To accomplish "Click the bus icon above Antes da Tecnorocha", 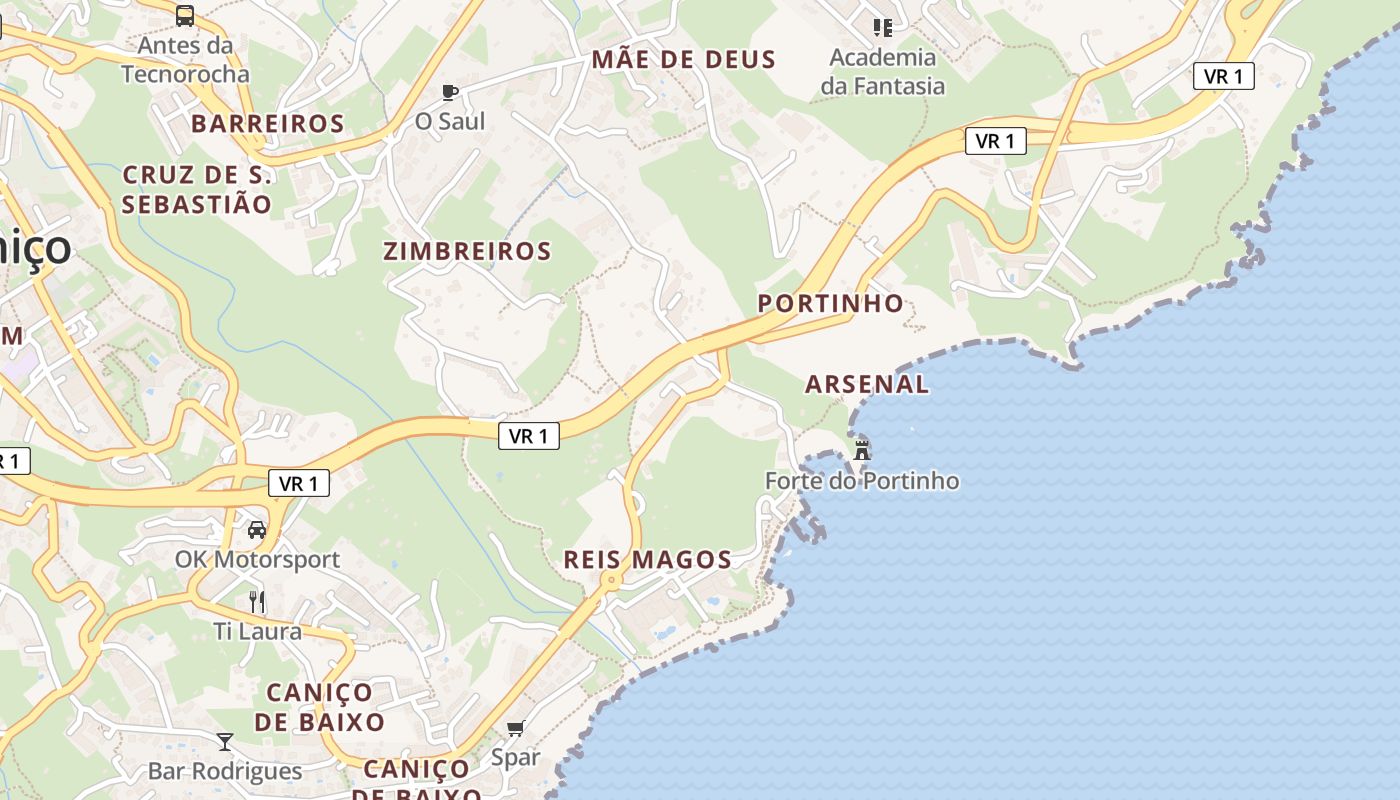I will coord(185,16).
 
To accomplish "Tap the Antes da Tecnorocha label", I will coord(185,59).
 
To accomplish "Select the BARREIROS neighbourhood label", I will coord(268,124).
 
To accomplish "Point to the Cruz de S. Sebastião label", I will coord(197,190).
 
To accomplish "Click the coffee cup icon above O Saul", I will coord(450,93).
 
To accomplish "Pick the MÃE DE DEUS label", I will coord(684,60).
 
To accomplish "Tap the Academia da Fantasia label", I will coord(883,71).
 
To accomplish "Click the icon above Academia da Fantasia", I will coord(882,27).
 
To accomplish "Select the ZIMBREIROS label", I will coord(467,252).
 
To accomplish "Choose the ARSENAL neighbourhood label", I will coord(867,384).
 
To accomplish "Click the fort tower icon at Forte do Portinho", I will coord(861,450).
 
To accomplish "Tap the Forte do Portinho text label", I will coord(862,481).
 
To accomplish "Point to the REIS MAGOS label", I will coord(647,560).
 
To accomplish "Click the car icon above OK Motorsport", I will coord(257,529).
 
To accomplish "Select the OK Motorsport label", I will coord(258,560).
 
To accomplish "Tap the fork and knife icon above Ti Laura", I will coord(257,601).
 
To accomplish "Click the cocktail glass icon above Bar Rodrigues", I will coord(225,741).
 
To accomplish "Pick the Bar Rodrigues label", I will coord(225,771).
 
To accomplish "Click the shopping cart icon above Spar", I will coord(515,728).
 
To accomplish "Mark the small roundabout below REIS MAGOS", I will coord(610,580).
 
